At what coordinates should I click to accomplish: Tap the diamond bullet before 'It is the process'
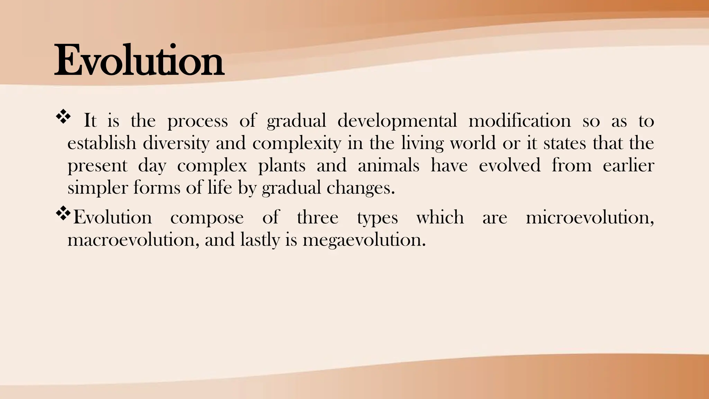pyautogui.click(x=63, y=117)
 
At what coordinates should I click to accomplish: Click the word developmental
pyautogui.click(x=397, y=121)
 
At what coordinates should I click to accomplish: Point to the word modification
pyautogui.click(x=520, y=121)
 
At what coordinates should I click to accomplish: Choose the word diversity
pyautogui.click(x=176, y=143)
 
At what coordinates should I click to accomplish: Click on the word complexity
pyautogui.click(x=297, y=143)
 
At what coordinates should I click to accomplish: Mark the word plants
pyautogui.click(x=282, y=166)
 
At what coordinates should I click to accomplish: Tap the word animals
pyautogui.click(x=388, y=166)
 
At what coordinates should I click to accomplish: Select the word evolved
pyautogui.click(x=509, y=166)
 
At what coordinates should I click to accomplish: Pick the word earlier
pyautogui.click(x=628, y=166)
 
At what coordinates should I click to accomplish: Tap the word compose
pyautogui.click(x=207, y=218)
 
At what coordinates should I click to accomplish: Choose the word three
pyautogui.click(x=317, y=218)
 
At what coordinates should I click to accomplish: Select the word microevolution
pyautogui.click(x=589, y=218)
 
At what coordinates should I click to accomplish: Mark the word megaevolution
pyautogui.click(x=364, y=240)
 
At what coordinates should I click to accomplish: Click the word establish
pyautogui.click(x=101, y=143)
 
